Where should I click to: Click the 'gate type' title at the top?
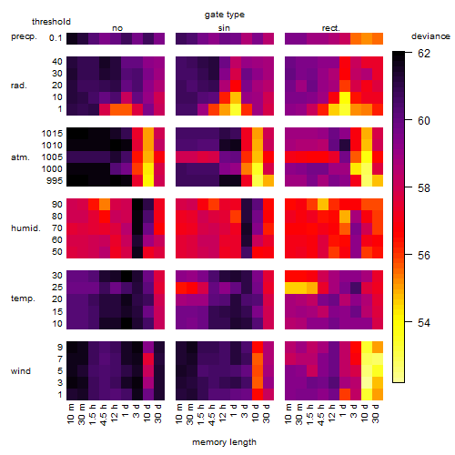pos(225,15)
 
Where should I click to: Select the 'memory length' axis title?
pos(224,442)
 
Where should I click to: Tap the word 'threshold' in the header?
pos(51,22)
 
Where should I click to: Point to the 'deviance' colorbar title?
pos(430,36)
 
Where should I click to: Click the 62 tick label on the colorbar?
pos(424,54)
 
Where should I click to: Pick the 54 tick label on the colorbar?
pos(424,322)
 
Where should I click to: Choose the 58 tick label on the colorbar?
pos(424,188)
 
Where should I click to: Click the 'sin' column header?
pos(224,28)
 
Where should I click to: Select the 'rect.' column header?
pos(330,28)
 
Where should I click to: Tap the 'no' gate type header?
pos(117,28)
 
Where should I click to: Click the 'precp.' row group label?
pos(24,36)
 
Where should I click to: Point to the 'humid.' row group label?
pos(25,227)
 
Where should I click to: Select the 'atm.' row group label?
pos(20,157)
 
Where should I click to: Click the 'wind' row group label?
pos(21,370)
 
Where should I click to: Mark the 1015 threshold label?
pos(52,133)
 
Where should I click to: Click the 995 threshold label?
pos(55,181)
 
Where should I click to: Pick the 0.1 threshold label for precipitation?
pos(56,38)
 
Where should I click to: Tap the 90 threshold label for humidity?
pos(57,204)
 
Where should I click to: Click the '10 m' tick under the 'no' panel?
pos(71,413)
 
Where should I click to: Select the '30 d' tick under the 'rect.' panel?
pos(376,413)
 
